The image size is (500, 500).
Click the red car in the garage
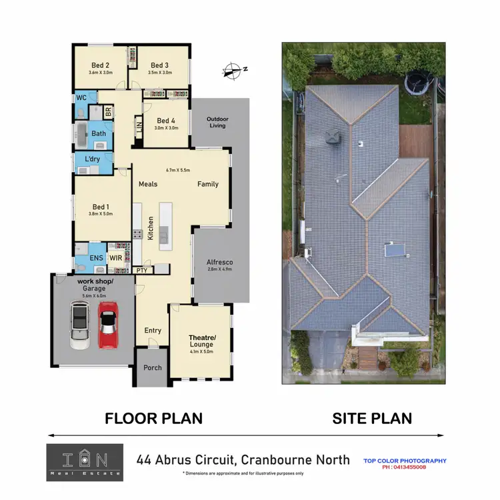109,325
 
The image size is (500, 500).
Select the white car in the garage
79,325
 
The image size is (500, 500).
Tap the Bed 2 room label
101,65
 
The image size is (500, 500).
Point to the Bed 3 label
159,65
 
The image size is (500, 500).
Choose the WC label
81,97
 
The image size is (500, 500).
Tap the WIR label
116,257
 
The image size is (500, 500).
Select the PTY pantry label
142,270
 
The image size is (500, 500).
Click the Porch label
153,367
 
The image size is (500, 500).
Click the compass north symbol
235,69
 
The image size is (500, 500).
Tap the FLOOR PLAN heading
154,419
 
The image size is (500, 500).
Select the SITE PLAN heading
372,419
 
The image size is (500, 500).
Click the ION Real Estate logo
85,463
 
